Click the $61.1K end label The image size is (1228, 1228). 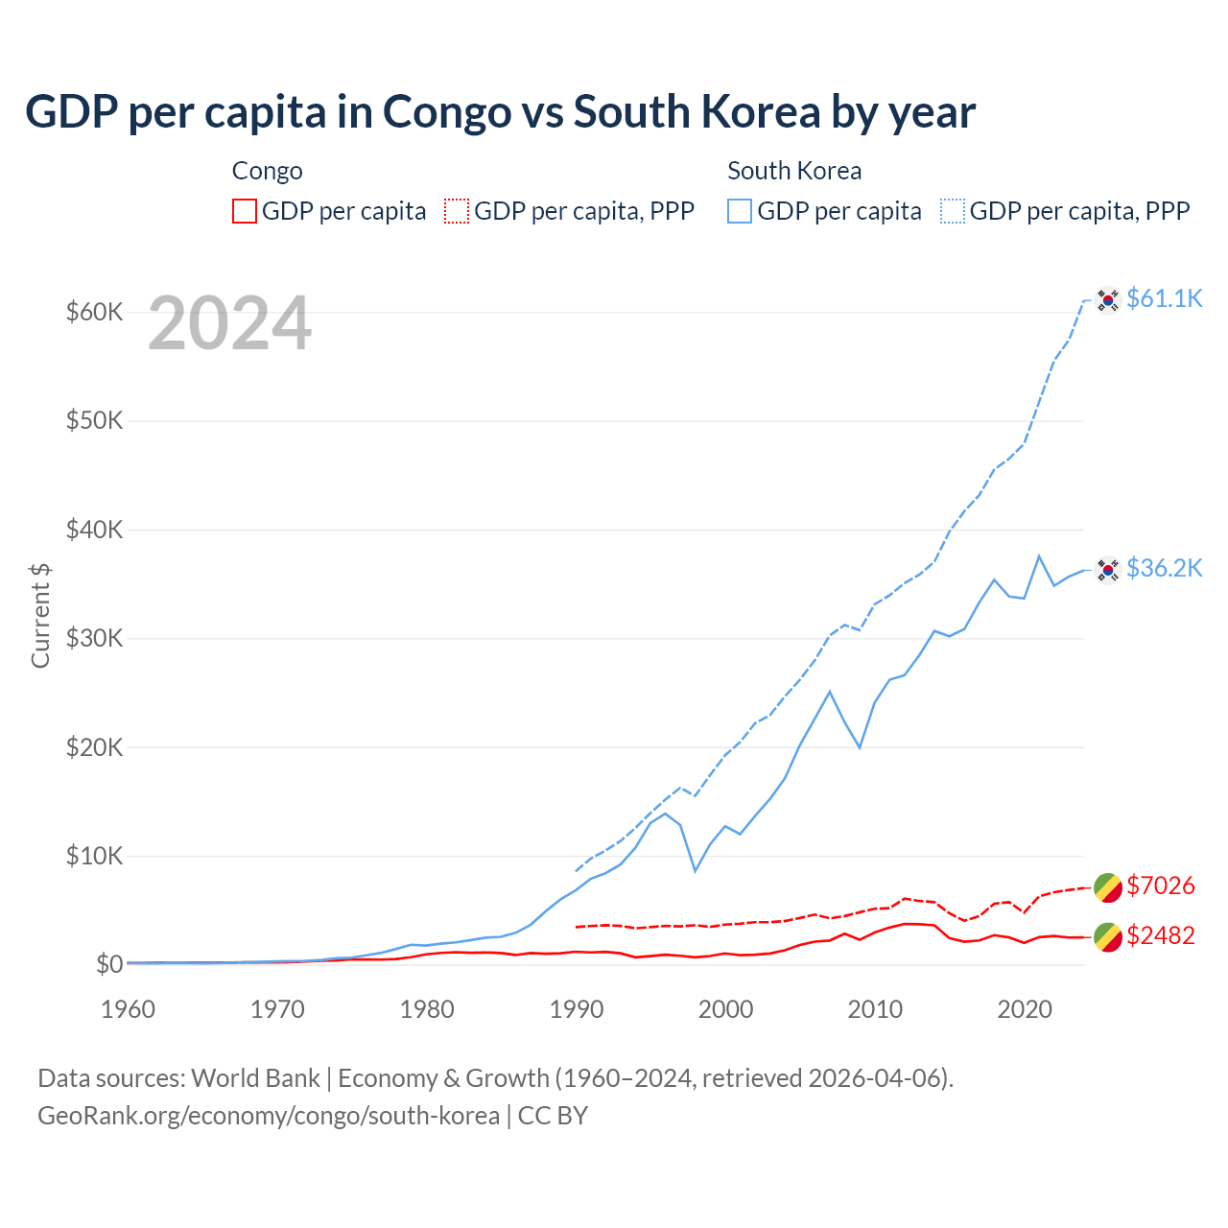(x=1164, y=298)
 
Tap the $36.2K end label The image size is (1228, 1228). (x=1164, y=568)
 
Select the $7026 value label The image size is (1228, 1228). (x=1161, y=886)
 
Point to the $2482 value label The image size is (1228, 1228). (x=1161, y=935)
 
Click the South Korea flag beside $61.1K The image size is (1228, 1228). (x=1108, y=300)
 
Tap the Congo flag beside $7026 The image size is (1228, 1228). (x=1108, y=887)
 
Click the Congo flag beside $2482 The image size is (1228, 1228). (x=1108, y=937)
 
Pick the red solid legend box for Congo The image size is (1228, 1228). (x=245, y=211)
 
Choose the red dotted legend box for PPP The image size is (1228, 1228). (x=457, y=211)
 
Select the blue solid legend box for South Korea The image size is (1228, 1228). (x=740, y=211)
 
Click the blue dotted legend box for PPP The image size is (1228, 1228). (x=953, y=211)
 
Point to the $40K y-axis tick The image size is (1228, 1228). (x=94, y=530)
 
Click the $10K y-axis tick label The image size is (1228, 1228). (x=94, y=856)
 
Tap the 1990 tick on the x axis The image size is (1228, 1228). (x=577, y=1009)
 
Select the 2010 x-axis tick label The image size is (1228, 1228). (x=875, y=1009)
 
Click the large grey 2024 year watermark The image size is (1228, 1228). (x=229, y=323)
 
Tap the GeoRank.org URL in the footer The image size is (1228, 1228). (x=269, y=1116)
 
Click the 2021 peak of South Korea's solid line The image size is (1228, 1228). (x=1039, y=555)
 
